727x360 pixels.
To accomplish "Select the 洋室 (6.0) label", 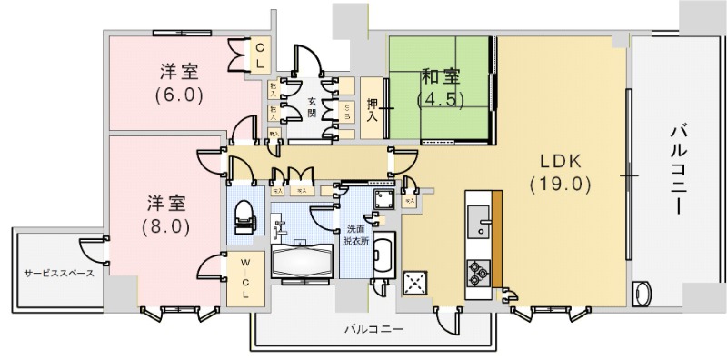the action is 179,81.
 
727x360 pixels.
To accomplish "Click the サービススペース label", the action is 59,272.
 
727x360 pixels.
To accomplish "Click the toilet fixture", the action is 243,217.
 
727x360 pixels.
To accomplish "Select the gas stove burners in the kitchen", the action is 478,271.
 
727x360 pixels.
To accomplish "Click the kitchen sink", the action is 478,217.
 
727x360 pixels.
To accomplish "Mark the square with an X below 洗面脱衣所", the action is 417,284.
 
